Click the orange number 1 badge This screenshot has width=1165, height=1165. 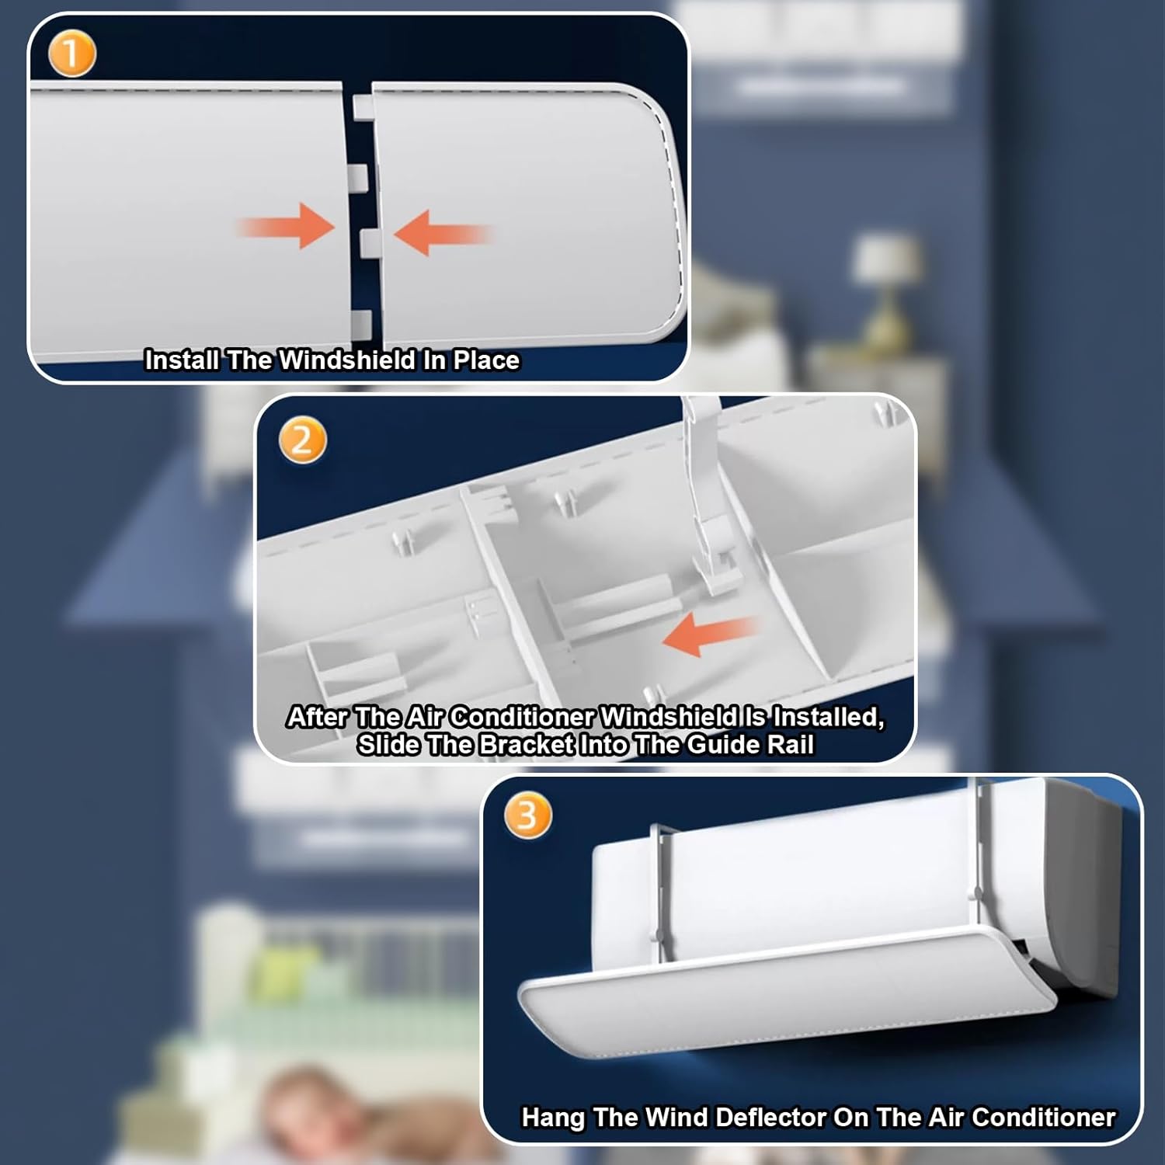(x=71, y=54)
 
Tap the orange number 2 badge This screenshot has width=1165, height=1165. (x=302, y=440)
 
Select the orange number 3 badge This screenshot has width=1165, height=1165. (x=527, y=815)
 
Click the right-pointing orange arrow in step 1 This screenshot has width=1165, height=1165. (x=287, y=227)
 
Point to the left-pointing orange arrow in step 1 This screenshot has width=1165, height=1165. (x=442, y=232)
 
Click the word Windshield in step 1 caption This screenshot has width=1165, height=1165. (x=347, y=360)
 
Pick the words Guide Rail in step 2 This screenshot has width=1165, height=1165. (x=750, y=745)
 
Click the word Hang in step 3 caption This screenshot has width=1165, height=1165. (x=553, y=1117)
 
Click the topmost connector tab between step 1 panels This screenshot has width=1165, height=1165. (x=363, y=106)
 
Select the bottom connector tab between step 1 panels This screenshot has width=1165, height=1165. (x=363, y=323)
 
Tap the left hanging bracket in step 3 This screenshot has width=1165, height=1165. (x=659, y=893)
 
